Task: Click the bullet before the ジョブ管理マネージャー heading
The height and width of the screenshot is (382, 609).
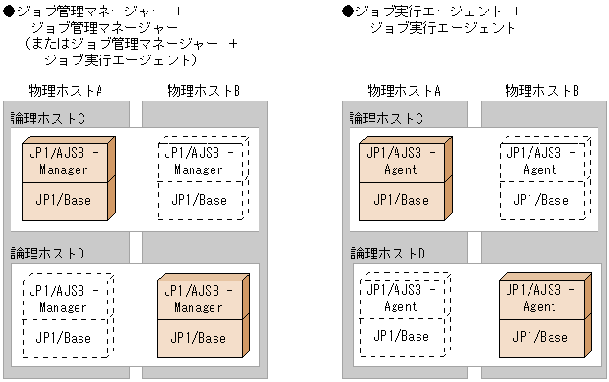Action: [10, 11]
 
